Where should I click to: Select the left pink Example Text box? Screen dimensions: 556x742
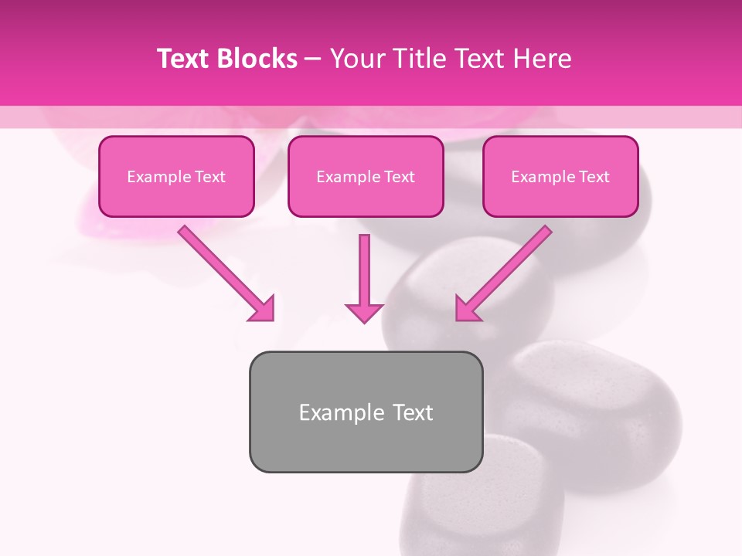point(176,177)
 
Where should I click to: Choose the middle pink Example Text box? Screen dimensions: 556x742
point(366,177)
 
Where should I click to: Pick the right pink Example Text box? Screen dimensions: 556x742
point(560,177)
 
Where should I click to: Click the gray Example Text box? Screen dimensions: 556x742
point(366,412)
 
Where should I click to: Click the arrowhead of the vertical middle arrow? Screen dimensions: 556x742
point(363,311)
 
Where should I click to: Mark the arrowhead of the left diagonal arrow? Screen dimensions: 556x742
point(263,310)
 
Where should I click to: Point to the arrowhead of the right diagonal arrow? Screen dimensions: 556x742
point(466,310)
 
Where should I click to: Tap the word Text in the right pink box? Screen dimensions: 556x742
point(594,177)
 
